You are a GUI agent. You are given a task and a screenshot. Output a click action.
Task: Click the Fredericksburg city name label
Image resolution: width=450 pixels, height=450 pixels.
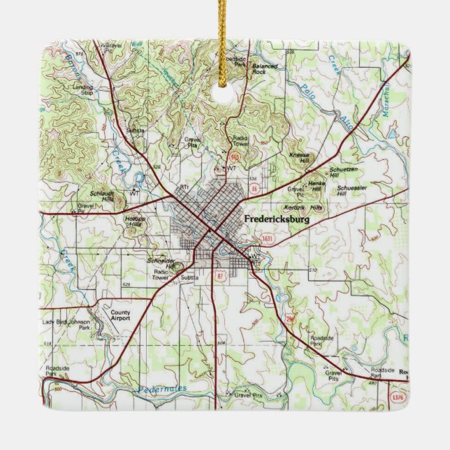click(x=277, y=219)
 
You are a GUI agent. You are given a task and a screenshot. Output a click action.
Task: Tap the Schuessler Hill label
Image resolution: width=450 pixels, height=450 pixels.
click(x=351, y=191)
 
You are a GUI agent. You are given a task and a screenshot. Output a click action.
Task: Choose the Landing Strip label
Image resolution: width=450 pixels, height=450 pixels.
click(x=82, y=89)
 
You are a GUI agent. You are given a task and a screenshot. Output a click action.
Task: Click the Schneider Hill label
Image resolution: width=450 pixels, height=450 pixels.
click(x=160, y=261)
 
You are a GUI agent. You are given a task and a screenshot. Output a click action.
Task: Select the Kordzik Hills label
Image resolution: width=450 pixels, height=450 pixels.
click(x=304, y=208)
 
